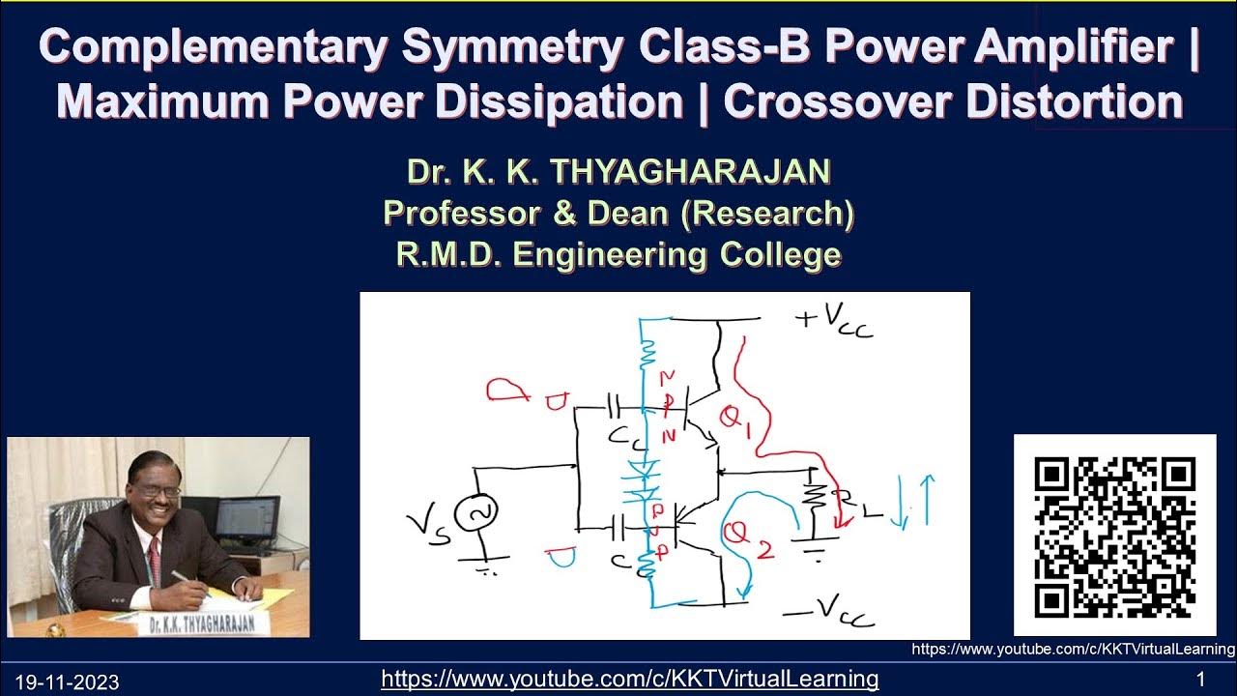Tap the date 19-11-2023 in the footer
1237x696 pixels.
tap(67, 682)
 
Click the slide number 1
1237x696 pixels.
tap(1200, 679)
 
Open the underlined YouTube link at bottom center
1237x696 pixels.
tap(629, 679)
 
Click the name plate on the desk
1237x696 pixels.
tap(203, 624)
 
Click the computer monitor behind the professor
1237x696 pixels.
tap(247, 522)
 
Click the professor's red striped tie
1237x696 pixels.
tap(154, 551)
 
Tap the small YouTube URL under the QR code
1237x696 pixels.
tap(1073, 650)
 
